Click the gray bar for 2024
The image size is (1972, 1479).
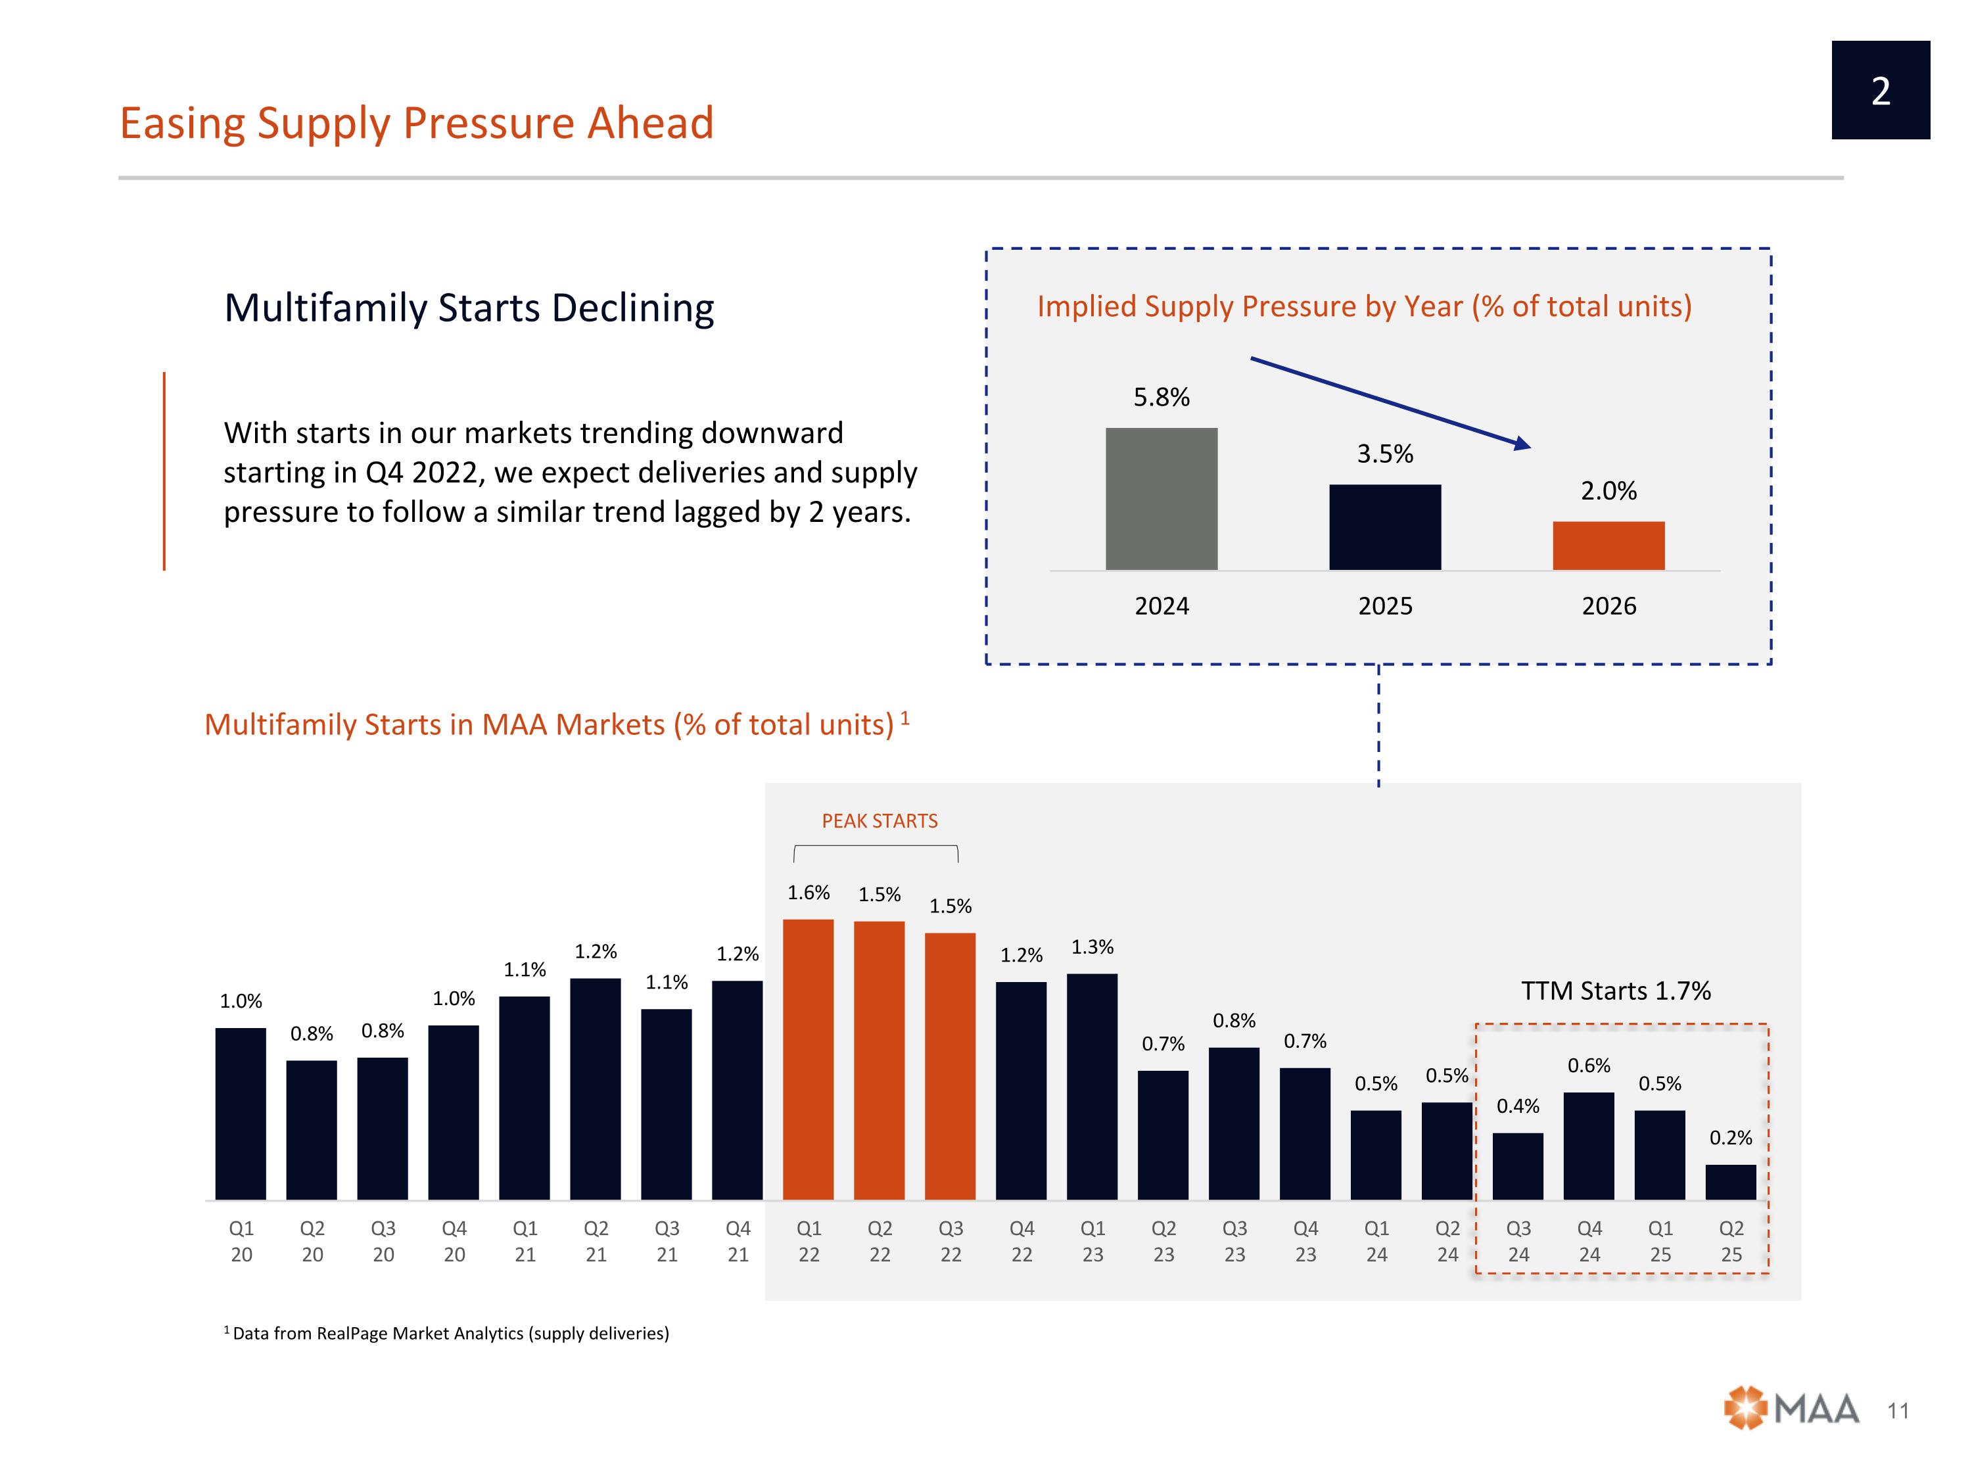click(x=1161, y=498)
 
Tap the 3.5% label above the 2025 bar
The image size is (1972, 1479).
click(x=1384, y=454)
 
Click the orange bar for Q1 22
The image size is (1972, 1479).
click(x=808, y=1059)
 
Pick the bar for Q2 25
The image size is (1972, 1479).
click(x=1729, y=1182)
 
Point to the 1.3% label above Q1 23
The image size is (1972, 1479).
click(x=1092, y=947)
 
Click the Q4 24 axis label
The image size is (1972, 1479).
click(x=1589, y=1241)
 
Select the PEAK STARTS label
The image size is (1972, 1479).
click(x=879, y=821)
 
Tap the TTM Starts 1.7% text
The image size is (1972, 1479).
click(x=1616, y=991)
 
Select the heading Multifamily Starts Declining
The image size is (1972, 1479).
click(x=469, y=308)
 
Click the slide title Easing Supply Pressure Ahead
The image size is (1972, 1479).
click(x=416, y=123)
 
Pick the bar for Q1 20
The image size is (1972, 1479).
click(x=241, y=1114)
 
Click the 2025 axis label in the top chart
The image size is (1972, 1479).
click(x=1384, y=606)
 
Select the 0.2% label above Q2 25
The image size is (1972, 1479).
click(x=1729, y=1138)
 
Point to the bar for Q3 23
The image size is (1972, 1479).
click(x=1234, y=1123)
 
